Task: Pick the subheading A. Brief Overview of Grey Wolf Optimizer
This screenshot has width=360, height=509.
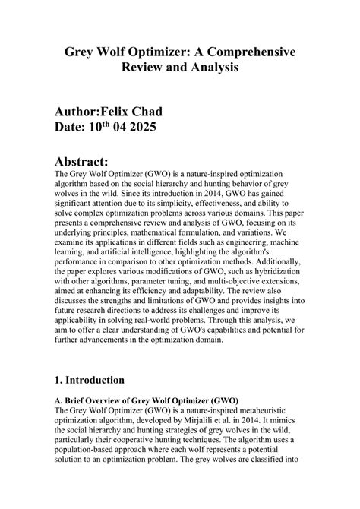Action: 147,400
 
